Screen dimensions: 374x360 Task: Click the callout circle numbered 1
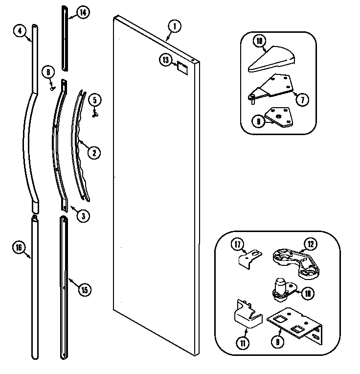point(174,26)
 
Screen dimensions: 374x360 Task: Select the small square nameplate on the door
point(182,67)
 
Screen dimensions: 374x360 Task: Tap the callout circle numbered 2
point(94,152)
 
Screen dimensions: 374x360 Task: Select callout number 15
point(84,290)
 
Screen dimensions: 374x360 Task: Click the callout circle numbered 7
point(302,99)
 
